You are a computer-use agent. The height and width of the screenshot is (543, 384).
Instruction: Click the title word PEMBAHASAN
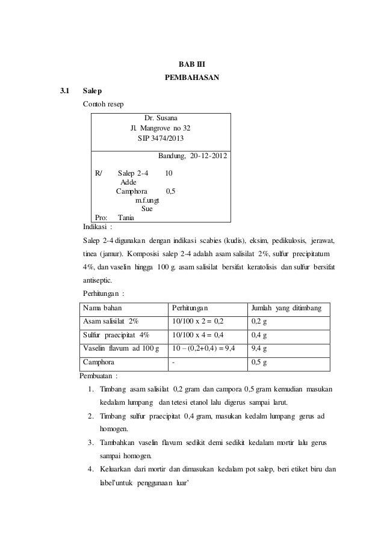[x=192, y=78]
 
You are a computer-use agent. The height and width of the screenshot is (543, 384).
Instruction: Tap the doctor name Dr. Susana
[x=160, y=118]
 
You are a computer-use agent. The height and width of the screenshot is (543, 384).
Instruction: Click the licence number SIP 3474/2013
[x=160, y=139]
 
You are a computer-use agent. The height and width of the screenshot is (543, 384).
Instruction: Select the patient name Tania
[x=126, y=218]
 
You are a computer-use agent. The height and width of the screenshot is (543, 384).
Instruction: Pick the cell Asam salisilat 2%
[x=110, y=322]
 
